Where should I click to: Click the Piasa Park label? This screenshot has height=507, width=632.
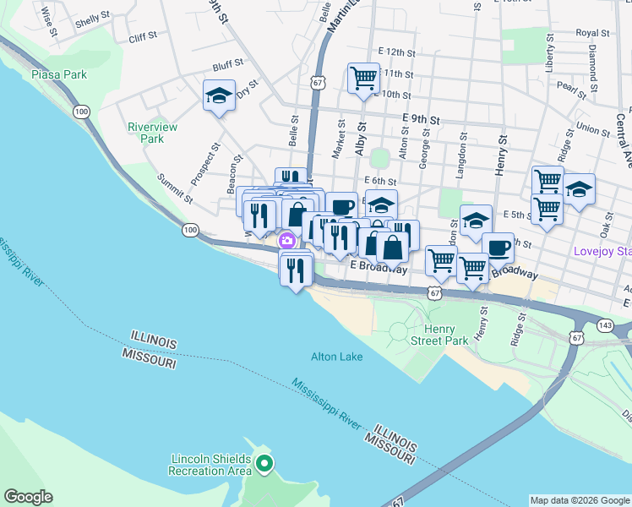[x=59, y=74]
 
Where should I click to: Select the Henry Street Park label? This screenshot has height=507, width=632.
[x=439, y=335]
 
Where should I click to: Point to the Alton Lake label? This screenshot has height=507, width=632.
[x=337, y=357]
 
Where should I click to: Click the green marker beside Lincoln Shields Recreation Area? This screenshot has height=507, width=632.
[x=264, y=463]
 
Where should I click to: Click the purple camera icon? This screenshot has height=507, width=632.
[x=288, y=241]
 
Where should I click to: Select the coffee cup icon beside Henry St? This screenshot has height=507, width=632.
[x=499, y=248]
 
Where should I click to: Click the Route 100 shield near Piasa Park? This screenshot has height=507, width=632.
[x=81, y=111]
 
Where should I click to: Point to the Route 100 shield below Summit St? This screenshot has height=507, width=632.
[x=190, y=230]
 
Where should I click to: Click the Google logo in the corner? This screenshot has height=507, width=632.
[x=27, y=497]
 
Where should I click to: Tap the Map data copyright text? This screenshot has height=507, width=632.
[x=580, y=500]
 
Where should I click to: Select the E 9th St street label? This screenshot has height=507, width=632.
[x=422, y=120]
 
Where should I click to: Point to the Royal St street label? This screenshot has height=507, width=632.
[x=593, y=33]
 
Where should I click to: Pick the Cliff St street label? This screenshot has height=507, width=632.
[x=143, y=37]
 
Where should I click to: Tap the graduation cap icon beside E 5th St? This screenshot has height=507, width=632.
[x=476, y=219]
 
